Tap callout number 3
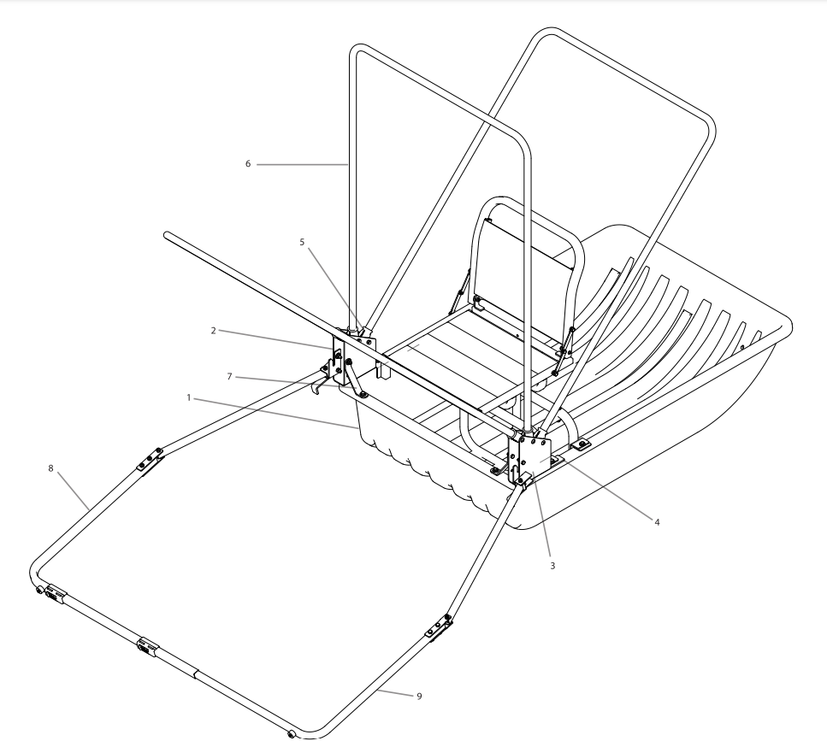coord(552,566)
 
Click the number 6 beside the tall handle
coord(248,162)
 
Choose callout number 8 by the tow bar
coord(51,468)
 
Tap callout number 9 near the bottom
coord(419,696)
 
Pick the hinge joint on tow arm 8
coord(148,461)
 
